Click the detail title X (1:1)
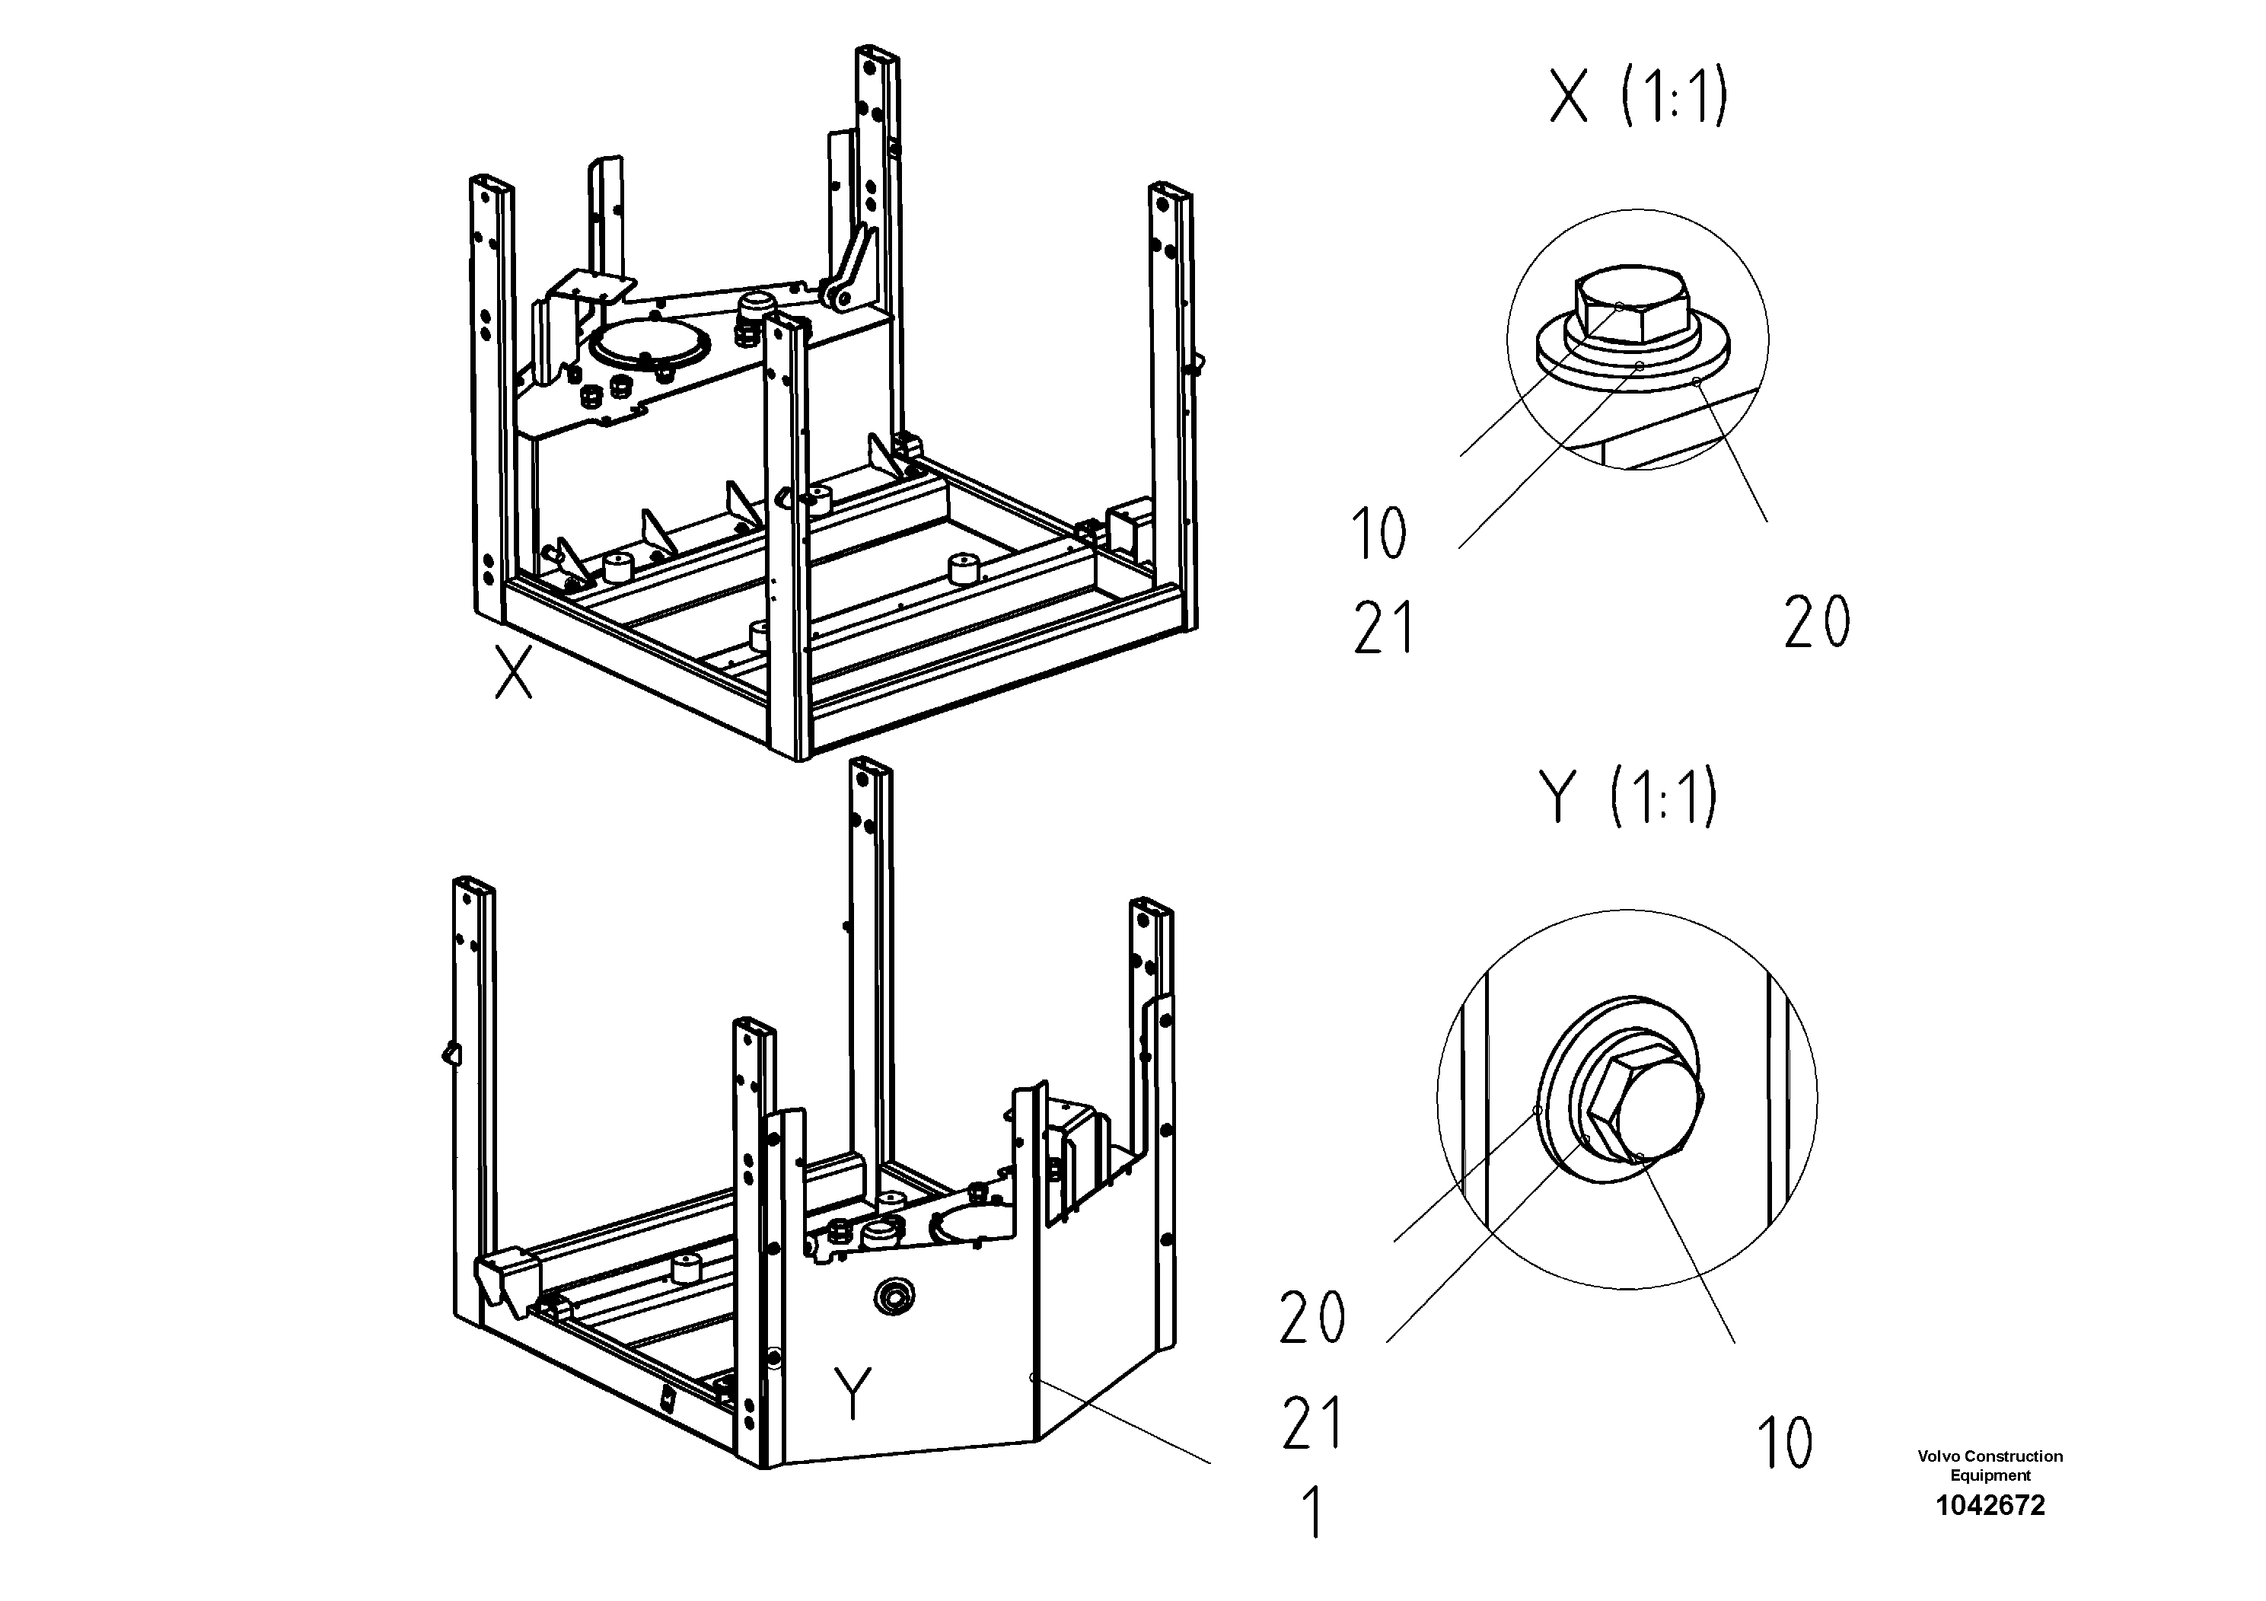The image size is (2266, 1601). click(1638, 99)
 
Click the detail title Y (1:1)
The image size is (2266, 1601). click(1628, 798)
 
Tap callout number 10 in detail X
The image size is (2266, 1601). click(1378, 534)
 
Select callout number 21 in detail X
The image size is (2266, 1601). click(1384, 629)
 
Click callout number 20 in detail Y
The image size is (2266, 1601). click(1311, 1318)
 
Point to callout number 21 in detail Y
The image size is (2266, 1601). click(1312, 1422)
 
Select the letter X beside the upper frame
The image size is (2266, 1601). click(513, 673)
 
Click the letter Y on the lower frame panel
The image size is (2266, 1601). click(853, 1392)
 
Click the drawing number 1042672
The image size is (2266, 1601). click(1990, 1505)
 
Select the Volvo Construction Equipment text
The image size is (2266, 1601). click(1990, 1465)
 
